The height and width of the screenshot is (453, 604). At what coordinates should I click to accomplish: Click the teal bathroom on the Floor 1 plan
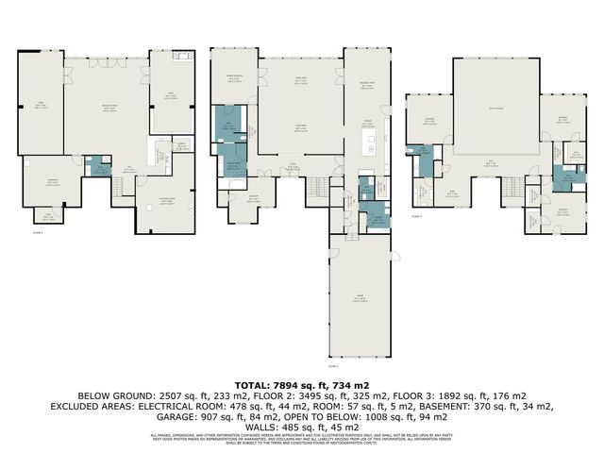99,166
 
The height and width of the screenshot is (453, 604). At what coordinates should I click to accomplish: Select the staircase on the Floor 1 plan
121,187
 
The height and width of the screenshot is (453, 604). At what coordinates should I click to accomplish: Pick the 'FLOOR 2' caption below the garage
332,364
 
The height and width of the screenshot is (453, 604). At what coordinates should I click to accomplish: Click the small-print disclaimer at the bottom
302,440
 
